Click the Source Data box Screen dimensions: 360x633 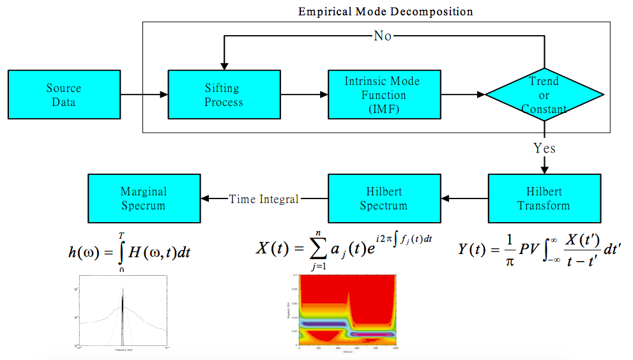click(64, 95)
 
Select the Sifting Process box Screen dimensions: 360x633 click(224, 95)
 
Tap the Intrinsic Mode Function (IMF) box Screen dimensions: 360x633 click(384, 95)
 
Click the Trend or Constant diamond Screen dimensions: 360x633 click(544, 95)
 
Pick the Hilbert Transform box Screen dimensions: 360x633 click(544, 199)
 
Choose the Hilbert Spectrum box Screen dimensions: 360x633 click(384, 199)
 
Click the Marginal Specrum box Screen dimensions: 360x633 click(143, 199)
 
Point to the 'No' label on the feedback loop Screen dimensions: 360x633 click(383, 36)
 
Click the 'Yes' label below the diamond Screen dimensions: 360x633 click(544, 149)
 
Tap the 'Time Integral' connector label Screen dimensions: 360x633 click(264, 199)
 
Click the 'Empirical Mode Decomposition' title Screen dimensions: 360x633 click(386, 11)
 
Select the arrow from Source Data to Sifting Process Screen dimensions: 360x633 click(144, 95)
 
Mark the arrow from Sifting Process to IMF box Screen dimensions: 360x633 click(304, 95)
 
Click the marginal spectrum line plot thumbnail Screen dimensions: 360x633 click(122, 311)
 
